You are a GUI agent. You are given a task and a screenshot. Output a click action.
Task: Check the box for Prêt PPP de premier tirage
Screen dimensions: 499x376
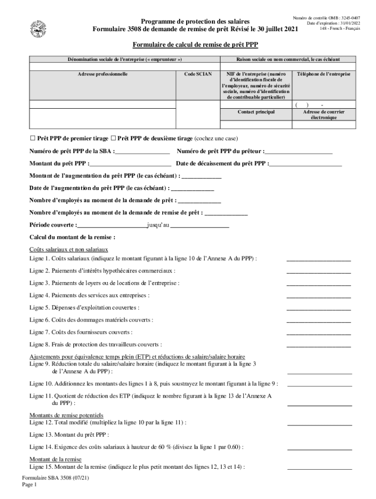coord(33,138)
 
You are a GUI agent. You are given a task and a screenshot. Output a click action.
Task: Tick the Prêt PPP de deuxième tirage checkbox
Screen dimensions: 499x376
coord(113,138)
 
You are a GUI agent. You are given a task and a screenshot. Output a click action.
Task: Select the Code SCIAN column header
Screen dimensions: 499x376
coord(198,74)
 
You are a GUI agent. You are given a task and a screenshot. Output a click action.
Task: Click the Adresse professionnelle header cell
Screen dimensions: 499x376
coord(103,74)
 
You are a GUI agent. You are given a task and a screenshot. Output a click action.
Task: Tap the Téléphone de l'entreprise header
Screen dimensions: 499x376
coord(323,74)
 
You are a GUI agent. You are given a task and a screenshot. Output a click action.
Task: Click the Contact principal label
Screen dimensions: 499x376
coord(256,112)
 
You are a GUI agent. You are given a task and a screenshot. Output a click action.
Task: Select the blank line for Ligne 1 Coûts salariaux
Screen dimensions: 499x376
coord(318,258)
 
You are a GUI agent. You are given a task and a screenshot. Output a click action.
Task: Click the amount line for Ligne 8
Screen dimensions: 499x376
coord(318,345)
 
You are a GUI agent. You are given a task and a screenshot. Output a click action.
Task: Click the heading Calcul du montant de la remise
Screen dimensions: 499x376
coord(72,238)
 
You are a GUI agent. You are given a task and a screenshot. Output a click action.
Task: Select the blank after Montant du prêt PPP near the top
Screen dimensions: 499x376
coord(130,164)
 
